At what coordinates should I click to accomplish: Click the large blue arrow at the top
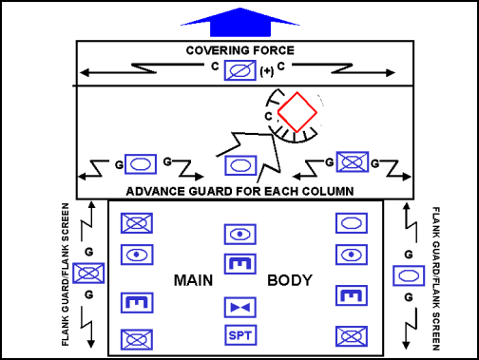point(239,20)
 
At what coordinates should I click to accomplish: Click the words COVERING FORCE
point(239,49)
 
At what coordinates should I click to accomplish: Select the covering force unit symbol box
point(239,70)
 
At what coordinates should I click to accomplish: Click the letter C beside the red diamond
point(269,116)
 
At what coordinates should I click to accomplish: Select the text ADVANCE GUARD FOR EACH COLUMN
point(239,191)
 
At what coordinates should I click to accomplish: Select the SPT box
point(239,335)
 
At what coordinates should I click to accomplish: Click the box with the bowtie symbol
point(239,308)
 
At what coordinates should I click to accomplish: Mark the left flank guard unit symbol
point(88,275)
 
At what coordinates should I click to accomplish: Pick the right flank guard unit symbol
point(408,275)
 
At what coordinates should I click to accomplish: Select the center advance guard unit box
point(239,164)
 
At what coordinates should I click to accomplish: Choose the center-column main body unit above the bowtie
point(239,263)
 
